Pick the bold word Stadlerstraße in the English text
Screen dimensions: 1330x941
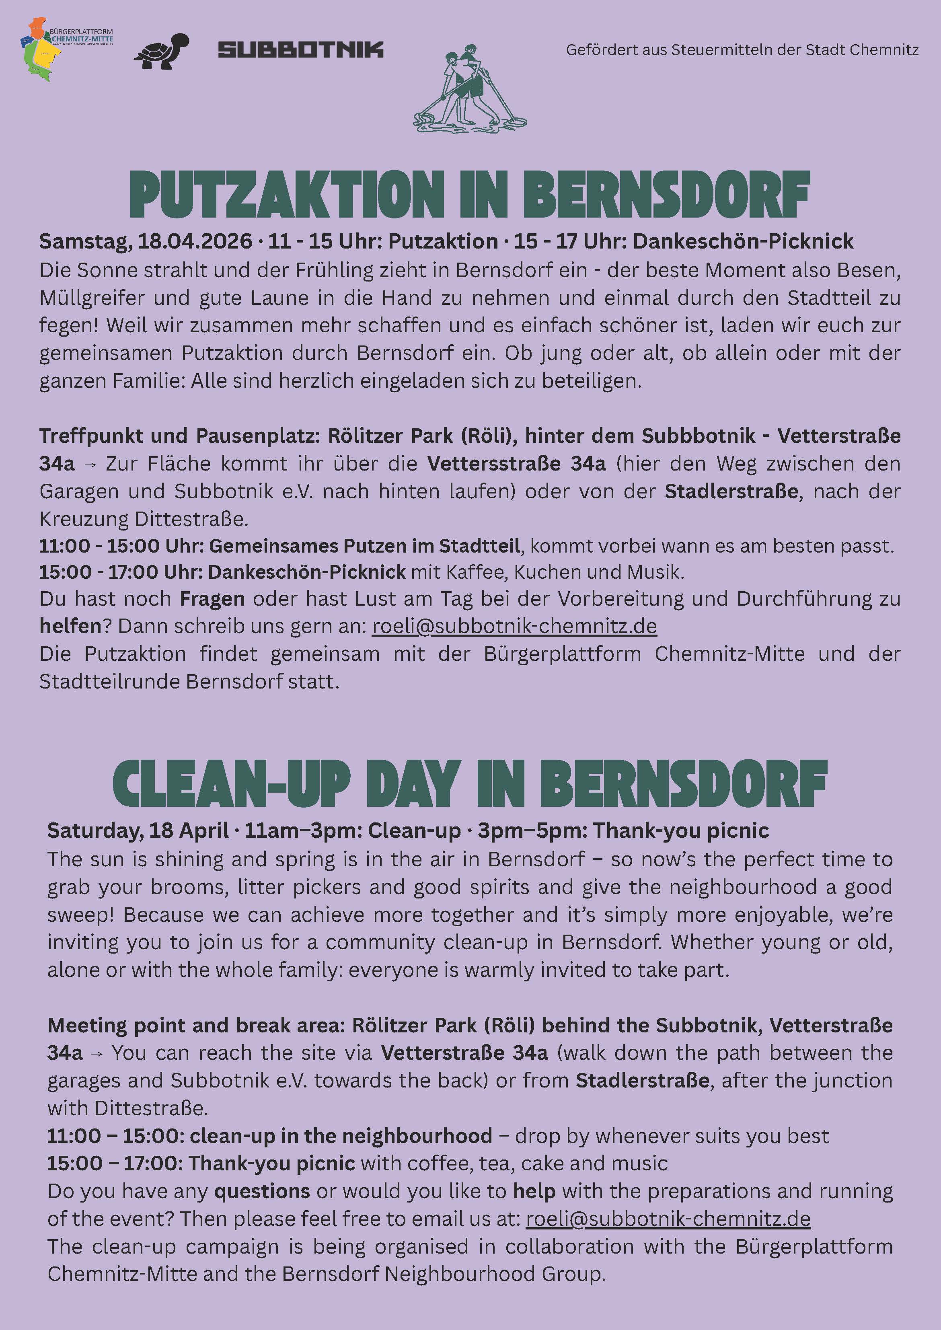[642, 1081]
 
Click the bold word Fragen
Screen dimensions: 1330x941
[212, 599]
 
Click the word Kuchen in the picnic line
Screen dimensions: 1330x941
[544, 572]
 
